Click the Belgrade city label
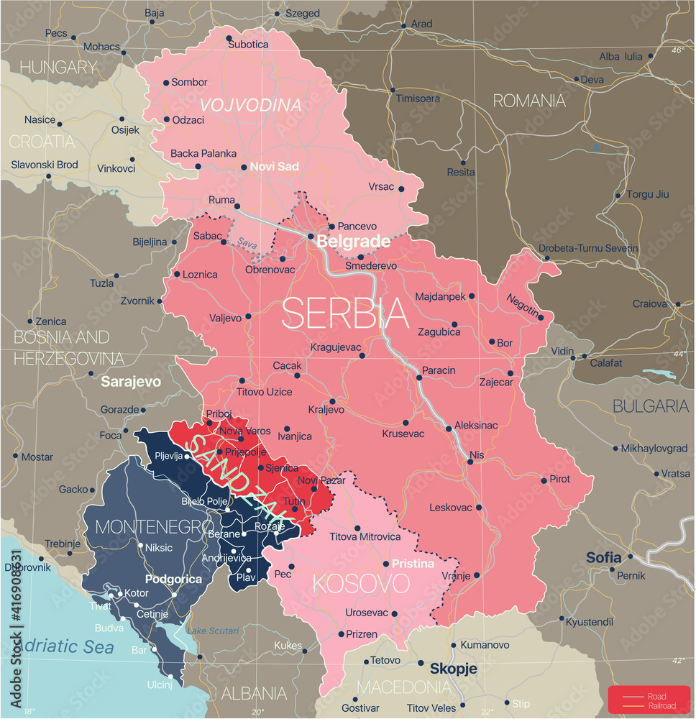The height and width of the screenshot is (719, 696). coord(353,242)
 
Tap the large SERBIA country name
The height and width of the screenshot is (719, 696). coord(345,313)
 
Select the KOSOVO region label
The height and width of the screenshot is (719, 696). coord(361,582)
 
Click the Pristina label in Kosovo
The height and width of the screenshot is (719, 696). coord(413,564)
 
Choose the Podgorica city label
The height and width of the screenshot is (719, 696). coord(173,579)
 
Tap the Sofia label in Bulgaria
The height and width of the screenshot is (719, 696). coord(603,557)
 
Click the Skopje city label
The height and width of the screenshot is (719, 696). coord(453,668)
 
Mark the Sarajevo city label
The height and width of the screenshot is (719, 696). coord(131,381)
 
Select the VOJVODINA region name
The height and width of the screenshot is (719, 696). coord(250,105)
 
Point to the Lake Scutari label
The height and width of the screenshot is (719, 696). coord(213,631)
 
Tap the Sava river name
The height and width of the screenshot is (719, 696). coord(248,244)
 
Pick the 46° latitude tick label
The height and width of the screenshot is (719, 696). coord(678,50)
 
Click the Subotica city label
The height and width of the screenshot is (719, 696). coord(248,44)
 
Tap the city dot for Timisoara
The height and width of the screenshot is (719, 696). coord(393,91)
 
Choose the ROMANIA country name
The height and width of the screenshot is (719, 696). coord(529,101)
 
